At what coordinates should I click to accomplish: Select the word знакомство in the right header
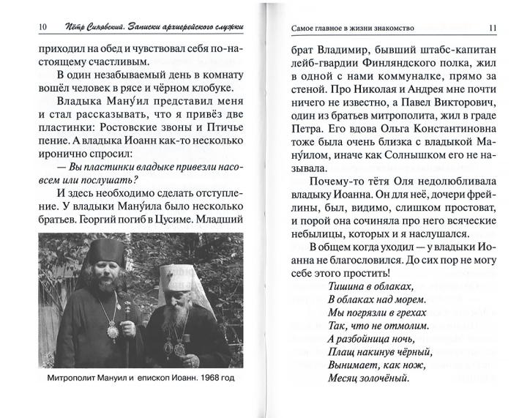coord(387,29)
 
